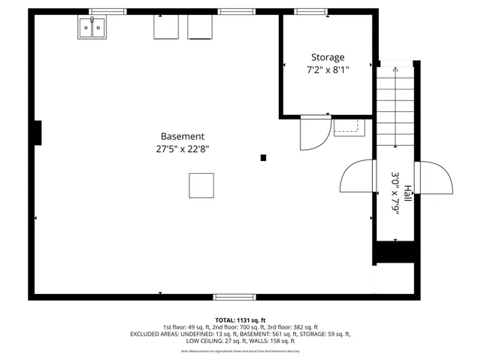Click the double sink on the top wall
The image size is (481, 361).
pos(93,29)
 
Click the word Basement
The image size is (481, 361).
pos(183,136)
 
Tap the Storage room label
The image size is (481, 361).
pos(328,57)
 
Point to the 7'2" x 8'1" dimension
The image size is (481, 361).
pos(328,70)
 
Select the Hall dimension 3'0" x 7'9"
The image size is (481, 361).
pos(395,193)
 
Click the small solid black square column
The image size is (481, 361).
pos(263,157)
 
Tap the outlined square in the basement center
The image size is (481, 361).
pos(201,184)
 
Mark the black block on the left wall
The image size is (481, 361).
pos(37,133)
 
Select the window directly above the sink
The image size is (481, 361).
pos(107,12)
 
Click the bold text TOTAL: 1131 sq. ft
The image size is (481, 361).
pos(240,320)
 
